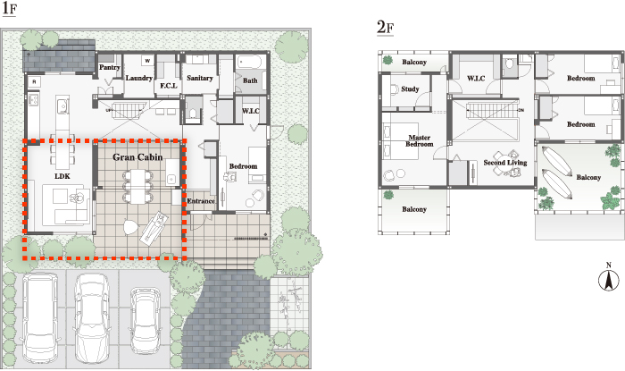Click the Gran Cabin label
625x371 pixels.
(x=137, y=157)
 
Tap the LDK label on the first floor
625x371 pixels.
(x=62, y=176)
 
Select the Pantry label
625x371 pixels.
(x=110, y=67)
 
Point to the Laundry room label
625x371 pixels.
(x=138, y=78)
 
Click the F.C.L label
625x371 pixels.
(x=169, y=85)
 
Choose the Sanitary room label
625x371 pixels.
(x=200, y=78)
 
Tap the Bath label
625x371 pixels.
(x=250, y=80)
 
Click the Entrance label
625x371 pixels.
(x=201, y=201)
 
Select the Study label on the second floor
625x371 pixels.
(x=410, y=89)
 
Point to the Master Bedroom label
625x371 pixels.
(x=420, y=141)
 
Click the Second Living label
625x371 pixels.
(x=505, y=163)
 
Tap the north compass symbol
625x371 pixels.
(x=609, y=278)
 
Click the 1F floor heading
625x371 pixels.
(x=9, y=9)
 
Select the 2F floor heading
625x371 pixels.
(x=385, y=28)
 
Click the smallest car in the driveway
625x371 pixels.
(x=146, y=320)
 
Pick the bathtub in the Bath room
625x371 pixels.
(x=249, y=63)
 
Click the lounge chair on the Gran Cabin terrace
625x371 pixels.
(x=154, y=228)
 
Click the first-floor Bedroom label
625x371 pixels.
(x=243, y=166)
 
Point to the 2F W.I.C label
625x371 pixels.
(x=476, y=79)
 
